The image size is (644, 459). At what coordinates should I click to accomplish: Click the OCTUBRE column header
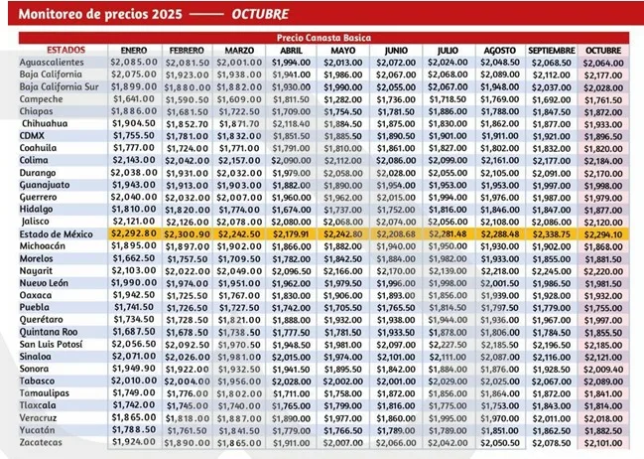(x=602, y=49)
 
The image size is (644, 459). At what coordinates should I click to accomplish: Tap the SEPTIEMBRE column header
(x=546, y=49)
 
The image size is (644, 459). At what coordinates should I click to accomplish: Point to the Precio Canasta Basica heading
(x=323, y=36)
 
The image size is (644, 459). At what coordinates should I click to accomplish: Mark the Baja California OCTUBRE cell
(x=602, y=75)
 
